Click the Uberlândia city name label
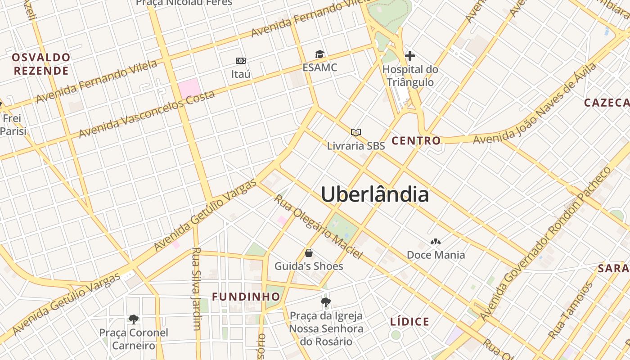point(375,194)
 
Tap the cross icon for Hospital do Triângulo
point(409,56)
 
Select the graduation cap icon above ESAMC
point(319,54)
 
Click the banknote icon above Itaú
point(241,60)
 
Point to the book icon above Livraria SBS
point(356,132)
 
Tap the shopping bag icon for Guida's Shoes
point(309,252)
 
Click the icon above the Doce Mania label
point(435,242)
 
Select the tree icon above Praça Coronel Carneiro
point(133,319)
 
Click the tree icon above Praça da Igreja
point(326,302)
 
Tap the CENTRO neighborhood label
point(416,141)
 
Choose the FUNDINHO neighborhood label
point(246,297)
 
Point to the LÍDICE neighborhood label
point(409,322)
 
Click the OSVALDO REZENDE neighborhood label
point(41,64)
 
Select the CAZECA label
point(607,103)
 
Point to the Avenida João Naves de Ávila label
point(535,103)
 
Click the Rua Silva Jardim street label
point(196,288)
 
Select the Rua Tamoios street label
point(571,310)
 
